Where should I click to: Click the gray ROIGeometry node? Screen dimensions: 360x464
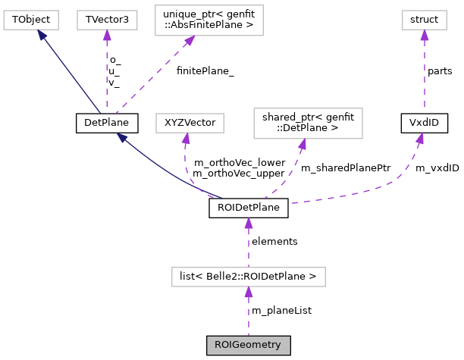(248, 345)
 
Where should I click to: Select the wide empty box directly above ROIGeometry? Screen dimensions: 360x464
(248, 277)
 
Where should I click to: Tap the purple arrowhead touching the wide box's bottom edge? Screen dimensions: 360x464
(248, 293)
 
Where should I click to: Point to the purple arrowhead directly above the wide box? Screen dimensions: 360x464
(248, 224)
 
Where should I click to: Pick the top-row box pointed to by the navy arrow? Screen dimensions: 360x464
(31, 20)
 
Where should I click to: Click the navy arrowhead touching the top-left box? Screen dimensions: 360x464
(42, 35)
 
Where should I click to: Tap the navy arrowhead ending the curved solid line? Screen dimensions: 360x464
(122, 138)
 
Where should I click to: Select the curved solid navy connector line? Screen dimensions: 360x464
(167, 174)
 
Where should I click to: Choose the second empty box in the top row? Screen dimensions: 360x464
(107, 20)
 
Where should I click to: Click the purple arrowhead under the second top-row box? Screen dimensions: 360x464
(107, 35)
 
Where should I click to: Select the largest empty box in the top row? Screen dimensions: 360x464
(209, 20)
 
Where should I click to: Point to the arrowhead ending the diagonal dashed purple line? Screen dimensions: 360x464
(189, 41)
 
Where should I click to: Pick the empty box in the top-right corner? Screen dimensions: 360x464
(424, 20)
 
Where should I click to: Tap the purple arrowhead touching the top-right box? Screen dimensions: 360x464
(424, 35)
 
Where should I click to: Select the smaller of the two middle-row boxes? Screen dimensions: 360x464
(190, 123)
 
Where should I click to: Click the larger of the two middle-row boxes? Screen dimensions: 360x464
(308, 124)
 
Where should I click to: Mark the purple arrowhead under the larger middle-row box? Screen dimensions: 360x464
(302, 144)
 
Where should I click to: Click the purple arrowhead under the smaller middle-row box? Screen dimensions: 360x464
(186, 139)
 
